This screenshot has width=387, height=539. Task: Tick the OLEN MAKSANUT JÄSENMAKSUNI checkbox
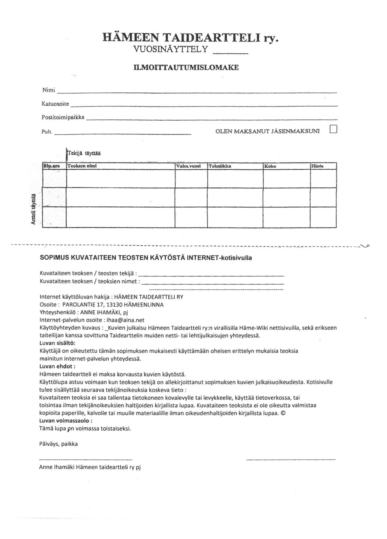coord(333,129)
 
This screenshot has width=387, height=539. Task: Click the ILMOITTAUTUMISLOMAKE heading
coord(186,67)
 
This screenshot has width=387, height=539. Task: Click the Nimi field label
coord(49,90)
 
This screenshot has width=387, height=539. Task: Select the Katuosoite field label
coord(55,104)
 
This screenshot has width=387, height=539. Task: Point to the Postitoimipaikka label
coord(63,117)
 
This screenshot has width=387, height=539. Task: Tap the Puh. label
coord(47,132)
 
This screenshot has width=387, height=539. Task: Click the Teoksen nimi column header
coord(82,166)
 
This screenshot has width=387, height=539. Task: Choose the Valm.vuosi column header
coord(188,166)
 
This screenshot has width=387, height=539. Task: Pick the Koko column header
coord(270,166)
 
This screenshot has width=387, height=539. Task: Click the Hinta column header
coord(317,166)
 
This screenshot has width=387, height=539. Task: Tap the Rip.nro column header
coord(51,166)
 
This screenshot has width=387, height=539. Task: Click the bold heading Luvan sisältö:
coord(57,343)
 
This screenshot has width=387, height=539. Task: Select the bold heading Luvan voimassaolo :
coord(66,421)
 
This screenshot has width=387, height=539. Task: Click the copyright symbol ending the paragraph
coord(283,413)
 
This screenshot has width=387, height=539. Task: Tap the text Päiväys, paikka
coord(58,444)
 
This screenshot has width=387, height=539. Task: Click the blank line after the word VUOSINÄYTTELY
coord(231,53)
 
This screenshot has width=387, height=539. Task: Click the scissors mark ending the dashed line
coord(365,246)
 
